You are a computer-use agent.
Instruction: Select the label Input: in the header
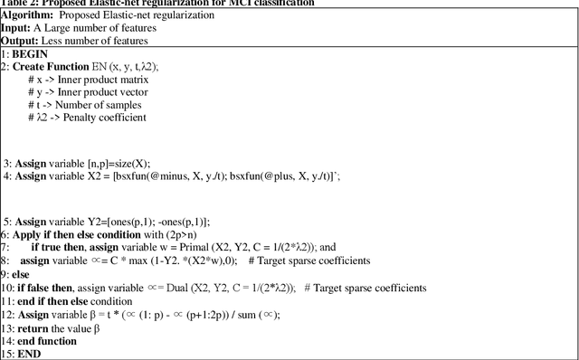pyautogui.click(x=18, y=27)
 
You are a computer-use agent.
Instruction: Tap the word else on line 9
pyautogui.click(x=22, y=273)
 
